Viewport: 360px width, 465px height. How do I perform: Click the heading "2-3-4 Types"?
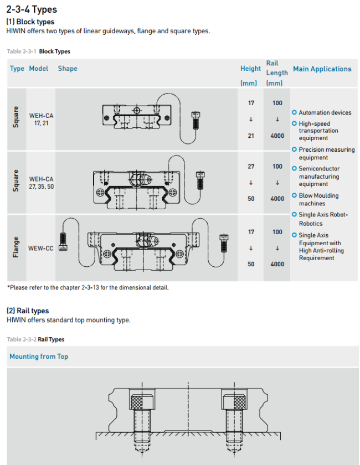pos(32,9)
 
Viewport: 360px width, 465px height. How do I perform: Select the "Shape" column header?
pos(68,69)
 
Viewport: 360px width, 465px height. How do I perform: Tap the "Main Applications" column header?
pos(322,69)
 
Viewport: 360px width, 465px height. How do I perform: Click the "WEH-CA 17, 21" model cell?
pos(41,119)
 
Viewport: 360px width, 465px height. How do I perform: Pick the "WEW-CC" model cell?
pos(41,248)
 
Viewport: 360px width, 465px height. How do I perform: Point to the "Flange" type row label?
pos(16,247)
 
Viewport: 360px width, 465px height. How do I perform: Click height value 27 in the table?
pos(251,167)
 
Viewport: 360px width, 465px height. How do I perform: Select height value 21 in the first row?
pos(251,136)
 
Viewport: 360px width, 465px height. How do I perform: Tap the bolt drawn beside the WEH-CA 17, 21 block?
pos(196,120)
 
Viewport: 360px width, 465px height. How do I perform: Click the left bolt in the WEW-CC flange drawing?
pos(63,242)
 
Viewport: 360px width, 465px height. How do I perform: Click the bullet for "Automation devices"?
pos(294,112)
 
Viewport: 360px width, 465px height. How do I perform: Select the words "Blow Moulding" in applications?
pos(318,196)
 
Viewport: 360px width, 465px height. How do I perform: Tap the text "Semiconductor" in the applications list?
pos(319,168)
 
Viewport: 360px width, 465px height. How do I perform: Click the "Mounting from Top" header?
pos(39,356)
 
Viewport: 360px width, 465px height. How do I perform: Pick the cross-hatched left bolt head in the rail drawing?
pos(142,402)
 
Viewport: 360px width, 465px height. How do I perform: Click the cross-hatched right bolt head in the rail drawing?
pos(234,402)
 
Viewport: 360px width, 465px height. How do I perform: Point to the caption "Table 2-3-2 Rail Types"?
pos(35,339)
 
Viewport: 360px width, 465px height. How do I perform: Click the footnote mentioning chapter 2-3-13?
pos(88,287)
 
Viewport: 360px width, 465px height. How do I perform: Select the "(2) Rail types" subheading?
pos(28,311)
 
